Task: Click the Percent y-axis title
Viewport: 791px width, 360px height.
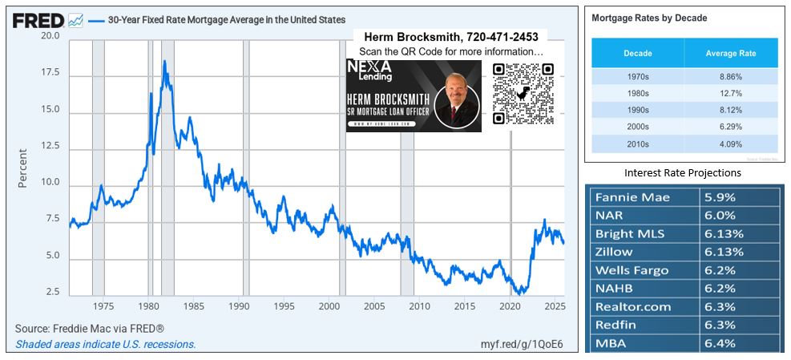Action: click(x=22, y=168)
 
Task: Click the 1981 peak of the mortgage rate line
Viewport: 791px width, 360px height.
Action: click(x=164, y=62)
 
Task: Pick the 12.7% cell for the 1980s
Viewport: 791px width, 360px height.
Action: click(x=730, y=94)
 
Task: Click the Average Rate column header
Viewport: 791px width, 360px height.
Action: click(x=730, y=54)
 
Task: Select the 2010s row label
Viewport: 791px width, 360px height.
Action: click(x=637, y=144)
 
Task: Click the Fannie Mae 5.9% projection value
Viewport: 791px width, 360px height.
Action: click(x=720, y=197)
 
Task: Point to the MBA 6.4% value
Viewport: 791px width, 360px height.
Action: click(x=720, y=344)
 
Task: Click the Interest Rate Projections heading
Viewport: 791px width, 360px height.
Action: click(x=683, y=172)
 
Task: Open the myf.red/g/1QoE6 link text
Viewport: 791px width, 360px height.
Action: click(x=523, y=344)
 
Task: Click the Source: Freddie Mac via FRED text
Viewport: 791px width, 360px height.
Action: click(x=90, y=329)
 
